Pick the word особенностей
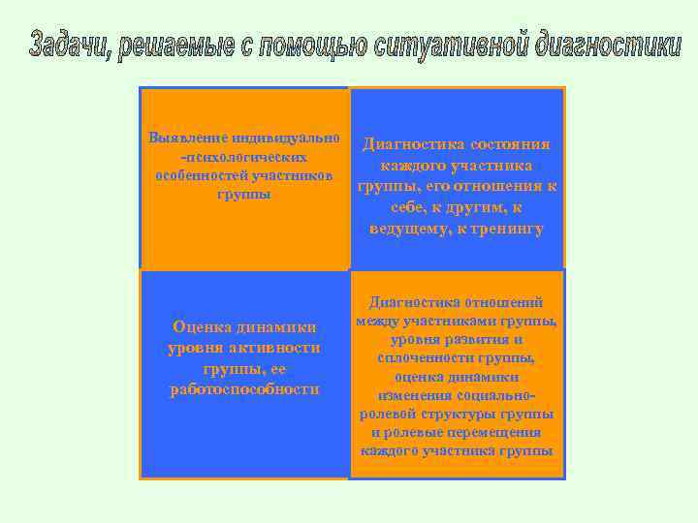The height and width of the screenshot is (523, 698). tap(201, 175)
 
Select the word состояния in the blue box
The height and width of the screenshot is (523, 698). tap(511, 144)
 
